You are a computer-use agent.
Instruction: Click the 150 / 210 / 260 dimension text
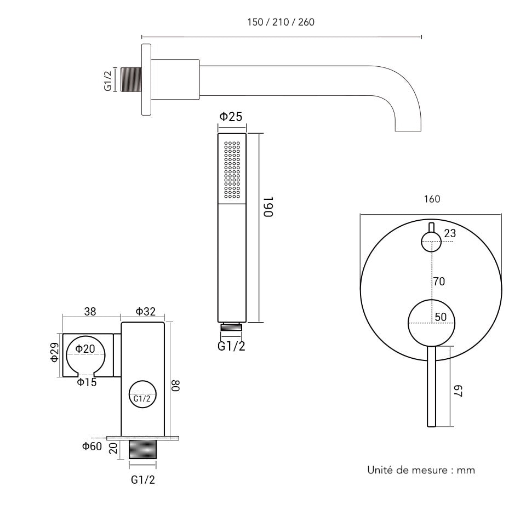[x=281, y=22]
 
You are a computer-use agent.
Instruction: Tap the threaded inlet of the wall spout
[x=131, y=80]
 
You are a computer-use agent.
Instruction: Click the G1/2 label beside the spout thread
[x=108, y=80]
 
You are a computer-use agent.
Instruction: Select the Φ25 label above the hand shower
[x=231, y=117]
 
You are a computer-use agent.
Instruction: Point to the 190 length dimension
[x=267, y=207]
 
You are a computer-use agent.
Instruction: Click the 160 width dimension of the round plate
[x=432, y=199]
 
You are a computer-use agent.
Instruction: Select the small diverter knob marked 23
[x=431, y=241]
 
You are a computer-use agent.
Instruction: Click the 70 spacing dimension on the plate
[x=439, y=282]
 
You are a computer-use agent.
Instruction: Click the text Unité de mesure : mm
[x=421, y=470]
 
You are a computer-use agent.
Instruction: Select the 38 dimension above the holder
[x=90, y=312]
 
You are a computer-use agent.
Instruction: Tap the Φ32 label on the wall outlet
[x=146, y=312]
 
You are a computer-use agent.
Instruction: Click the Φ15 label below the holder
[x=87, y=382]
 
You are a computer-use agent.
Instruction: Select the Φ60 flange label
[x=92, y=446]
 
